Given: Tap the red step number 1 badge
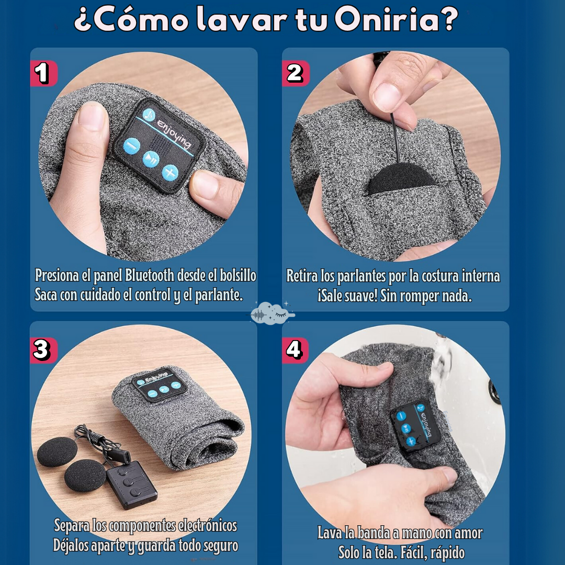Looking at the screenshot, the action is [x=44, y=73].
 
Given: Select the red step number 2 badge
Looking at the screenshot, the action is [x=296, y=73].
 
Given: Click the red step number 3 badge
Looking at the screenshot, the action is [x=43, y=350].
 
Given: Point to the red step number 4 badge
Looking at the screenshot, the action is [x=295, y=350].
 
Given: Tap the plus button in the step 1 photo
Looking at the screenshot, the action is [x=169, y=172].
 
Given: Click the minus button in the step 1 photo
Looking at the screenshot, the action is [x=131, y=145].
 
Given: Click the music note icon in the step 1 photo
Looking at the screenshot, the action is [x=149, y=115].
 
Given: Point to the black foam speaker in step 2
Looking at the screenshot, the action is [x=402, y=179].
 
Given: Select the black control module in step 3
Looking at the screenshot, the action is [x=131, y=484].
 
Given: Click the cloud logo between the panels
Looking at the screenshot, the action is [x=272, y=313].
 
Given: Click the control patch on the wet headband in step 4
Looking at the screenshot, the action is [x=415, y=426].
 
